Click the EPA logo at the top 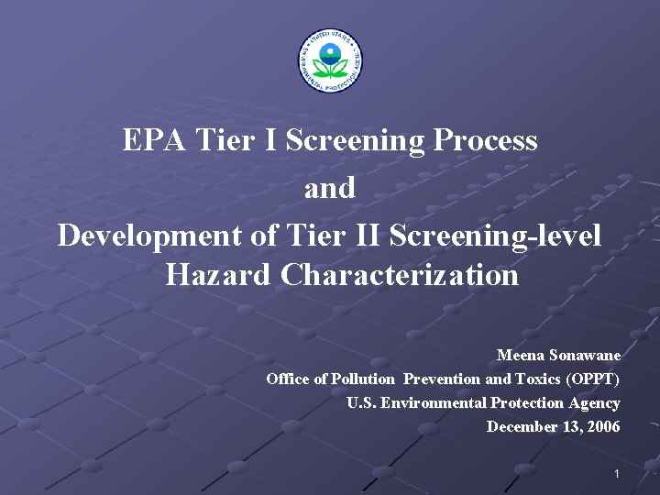coord(330,60)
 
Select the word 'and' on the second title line coord(329,189)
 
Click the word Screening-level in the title coord(495,236)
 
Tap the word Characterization coord(400,275)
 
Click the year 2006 coord(603,426)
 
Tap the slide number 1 coord(617,473)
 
